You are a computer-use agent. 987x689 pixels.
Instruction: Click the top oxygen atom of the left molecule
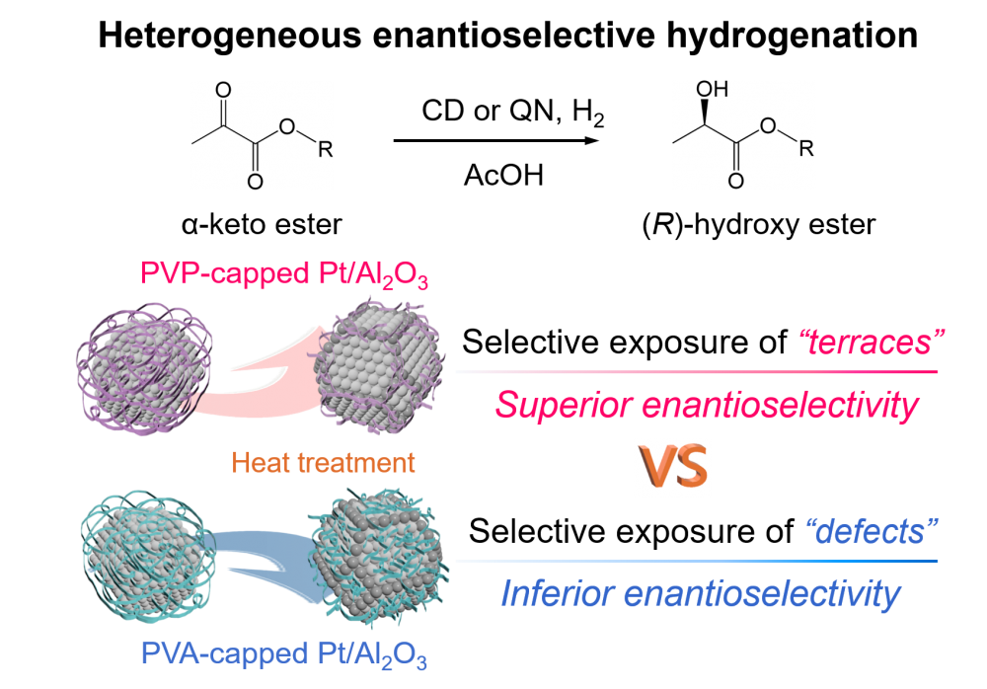223,90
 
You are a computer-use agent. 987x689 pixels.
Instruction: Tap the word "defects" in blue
871,533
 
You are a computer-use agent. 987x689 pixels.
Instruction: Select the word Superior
563,405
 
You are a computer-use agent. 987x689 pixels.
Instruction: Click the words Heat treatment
324,462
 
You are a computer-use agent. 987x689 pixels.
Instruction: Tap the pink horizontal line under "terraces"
696,372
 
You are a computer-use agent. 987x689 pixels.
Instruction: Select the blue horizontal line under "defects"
696,561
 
